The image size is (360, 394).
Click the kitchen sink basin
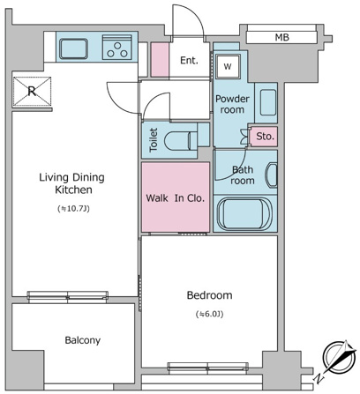coord(73,48)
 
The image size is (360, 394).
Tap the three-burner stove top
coord(117,48)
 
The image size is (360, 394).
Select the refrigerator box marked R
coord(32,92)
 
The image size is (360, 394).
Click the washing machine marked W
coord(228,66)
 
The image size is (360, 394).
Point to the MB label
coord(282,37)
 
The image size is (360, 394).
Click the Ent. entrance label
coord(189,61)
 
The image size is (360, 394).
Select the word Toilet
coord(154,140)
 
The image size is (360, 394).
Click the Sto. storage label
coord(265,137)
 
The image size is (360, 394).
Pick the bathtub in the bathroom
coord(244,213)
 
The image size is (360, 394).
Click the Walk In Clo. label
coord(175,198)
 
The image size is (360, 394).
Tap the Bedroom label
coord(209,295)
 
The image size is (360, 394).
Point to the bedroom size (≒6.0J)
coord(209,314)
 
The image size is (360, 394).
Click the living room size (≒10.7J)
coord(73,209)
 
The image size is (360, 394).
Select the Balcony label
coord(83,340)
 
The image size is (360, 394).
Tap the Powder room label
coord(232,104)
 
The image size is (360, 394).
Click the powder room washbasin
coord(268,102)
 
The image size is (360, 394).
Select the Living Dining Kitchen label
coord(72,183)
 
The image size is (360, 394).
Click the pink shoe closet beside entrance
coord(160,60)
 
